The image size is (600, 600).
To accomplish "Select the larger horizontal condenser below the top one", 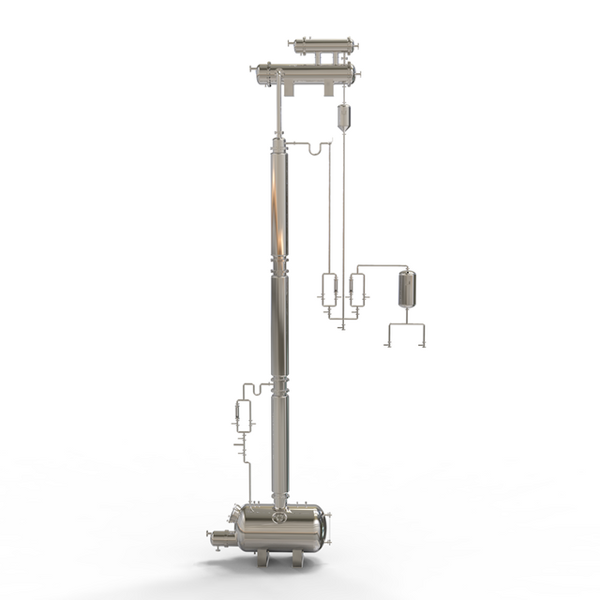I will click(x=305, y=73).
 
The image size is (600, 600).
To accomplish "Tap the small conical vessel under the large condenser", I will click(x=343, y=116).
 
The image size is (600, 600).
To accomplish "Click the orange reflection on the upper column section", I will click(x=275, y=202).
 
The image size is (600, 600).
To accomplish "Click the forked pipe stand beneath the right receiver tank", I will click(x=405, y=334).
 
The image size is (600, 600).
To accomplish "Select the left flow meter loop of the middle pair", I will click(x=328, y=290).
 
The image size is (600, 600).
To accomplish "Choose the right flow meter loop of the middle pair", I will click(x=356, y=290).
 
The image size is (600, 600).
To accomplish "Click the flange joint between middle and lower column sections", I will click(x=279, y=385).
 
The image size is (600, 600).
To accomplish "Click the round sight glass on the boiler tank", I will click(x=278, y=517).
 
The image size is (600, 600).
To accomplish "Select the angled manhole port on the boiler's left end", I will click(x=232, y=515).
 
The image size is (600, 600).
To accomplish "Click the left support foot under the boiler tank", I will click(x=263, y=558).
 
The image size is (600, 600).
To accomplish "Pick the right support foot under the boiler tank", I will click(x=297, y=558).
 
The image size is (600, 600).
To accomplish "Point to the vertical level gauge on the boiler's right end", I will click(x=327, y=525).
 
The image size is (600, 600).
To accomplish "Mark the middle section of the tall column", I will click(x=279, y=323).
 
